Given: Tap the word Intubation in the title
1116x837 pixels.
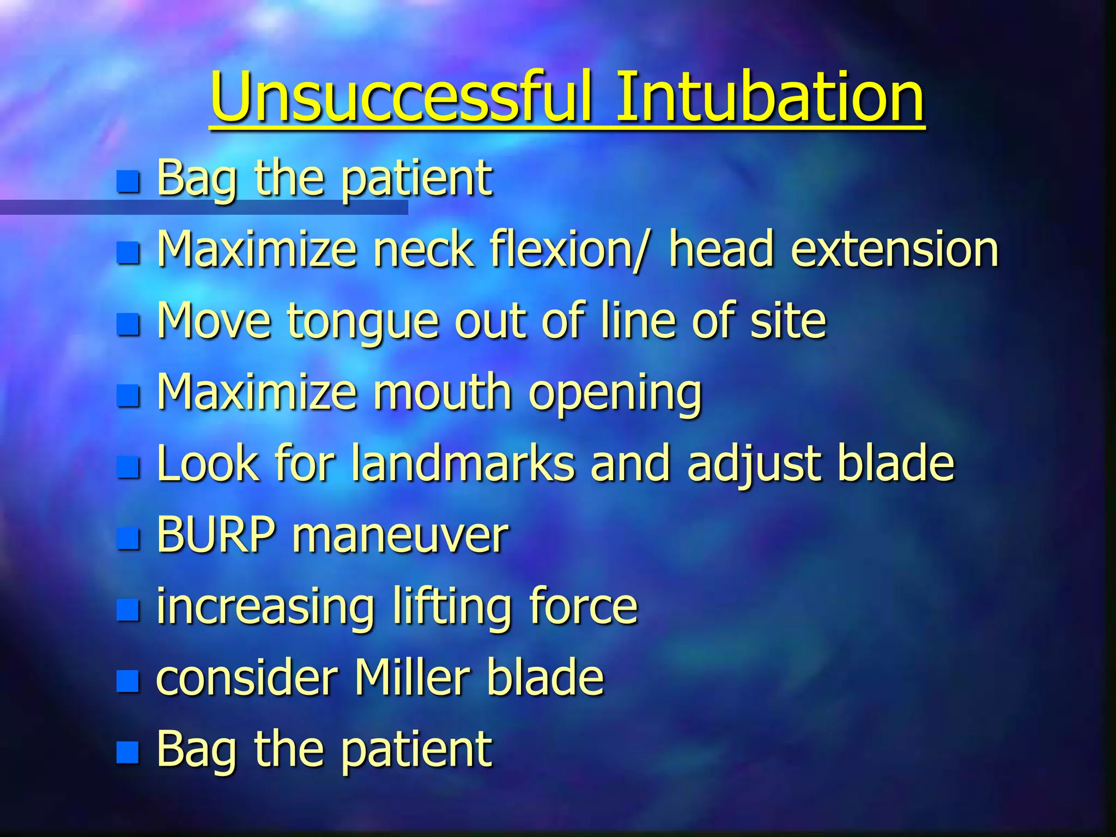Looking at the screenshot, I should pos(769,98).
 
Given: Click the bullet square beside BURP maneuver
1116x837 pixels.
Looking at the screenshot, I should pos(129,538).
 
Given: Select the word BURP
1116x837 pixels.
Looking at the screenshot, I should pos(216,535).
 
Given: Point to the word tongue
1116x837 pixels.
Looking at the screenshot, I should pos(363,323).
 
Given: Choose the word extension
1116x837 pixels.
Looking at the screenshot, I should pos(894,250).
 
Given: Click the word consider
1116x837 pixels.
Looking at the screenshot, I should pos(248,678).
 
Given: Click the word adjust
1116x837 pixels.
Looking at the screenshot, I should pos(754,464).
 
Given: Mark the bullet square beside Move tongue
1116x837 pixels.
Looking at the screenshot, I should pos(129,324).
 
